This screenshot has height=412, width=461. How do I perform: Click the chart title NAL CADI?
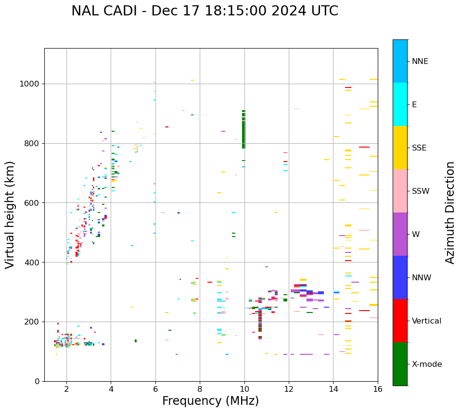point(205,11)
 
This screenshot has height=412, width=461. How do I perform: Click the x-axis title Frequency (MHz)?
point(210,401)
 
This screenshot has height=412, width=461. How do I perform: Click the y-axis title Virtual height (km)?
point(10,215)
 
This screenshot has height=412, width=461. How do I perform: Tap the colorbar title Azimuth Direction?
point(450,212)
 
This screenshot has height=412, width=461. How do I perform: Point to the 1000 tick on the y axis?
point(32,84)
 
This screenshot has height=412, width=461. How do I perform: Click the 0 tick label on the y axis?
point(38,381)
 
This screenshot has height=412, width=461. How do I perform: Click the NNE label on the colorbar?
point(420,62)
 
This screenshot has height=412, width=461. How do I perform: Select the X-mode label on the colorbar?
point(427,364)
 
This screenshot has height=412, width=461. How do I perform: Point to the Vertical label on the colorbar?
point(427,321)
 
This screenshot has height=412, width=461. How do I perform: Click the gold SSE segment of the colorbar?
point(400,148)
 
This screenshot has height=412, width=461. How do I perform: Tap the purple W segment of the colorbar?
point(400,234)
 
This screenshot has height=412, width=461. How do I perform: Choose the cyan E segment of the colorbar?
point(400,104)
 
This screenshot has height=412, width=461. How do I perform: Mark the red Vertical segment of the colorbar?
point(400,321)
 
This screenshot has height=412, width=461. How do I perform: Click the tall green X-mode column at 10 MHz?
point(243,130)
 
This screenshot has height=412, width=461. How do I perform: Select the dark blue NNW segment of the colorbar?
point(400,277)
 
